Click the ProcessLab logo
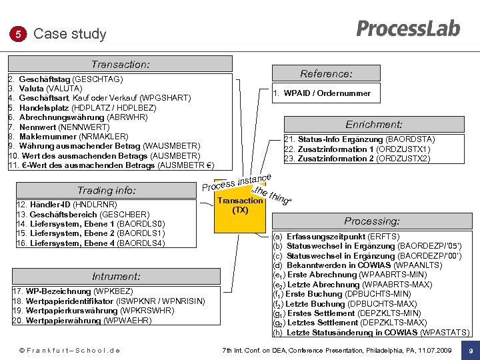click(x=408, y=29)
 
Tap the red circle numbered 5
click(x=18, y=34)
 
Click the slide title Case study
click(x=69, y=34)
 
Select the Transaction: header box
click(x=120, y=65)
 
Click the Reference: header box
click(x=326, y=73)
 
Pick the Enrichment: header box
click(x=373, y=124)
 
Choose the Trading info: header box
click(x=107, y=190)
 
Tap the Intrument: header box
click(x=116, y=276)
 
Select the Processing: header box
click(x=371, y=221)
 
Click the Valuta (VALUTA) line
click(x=50, y=89)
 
